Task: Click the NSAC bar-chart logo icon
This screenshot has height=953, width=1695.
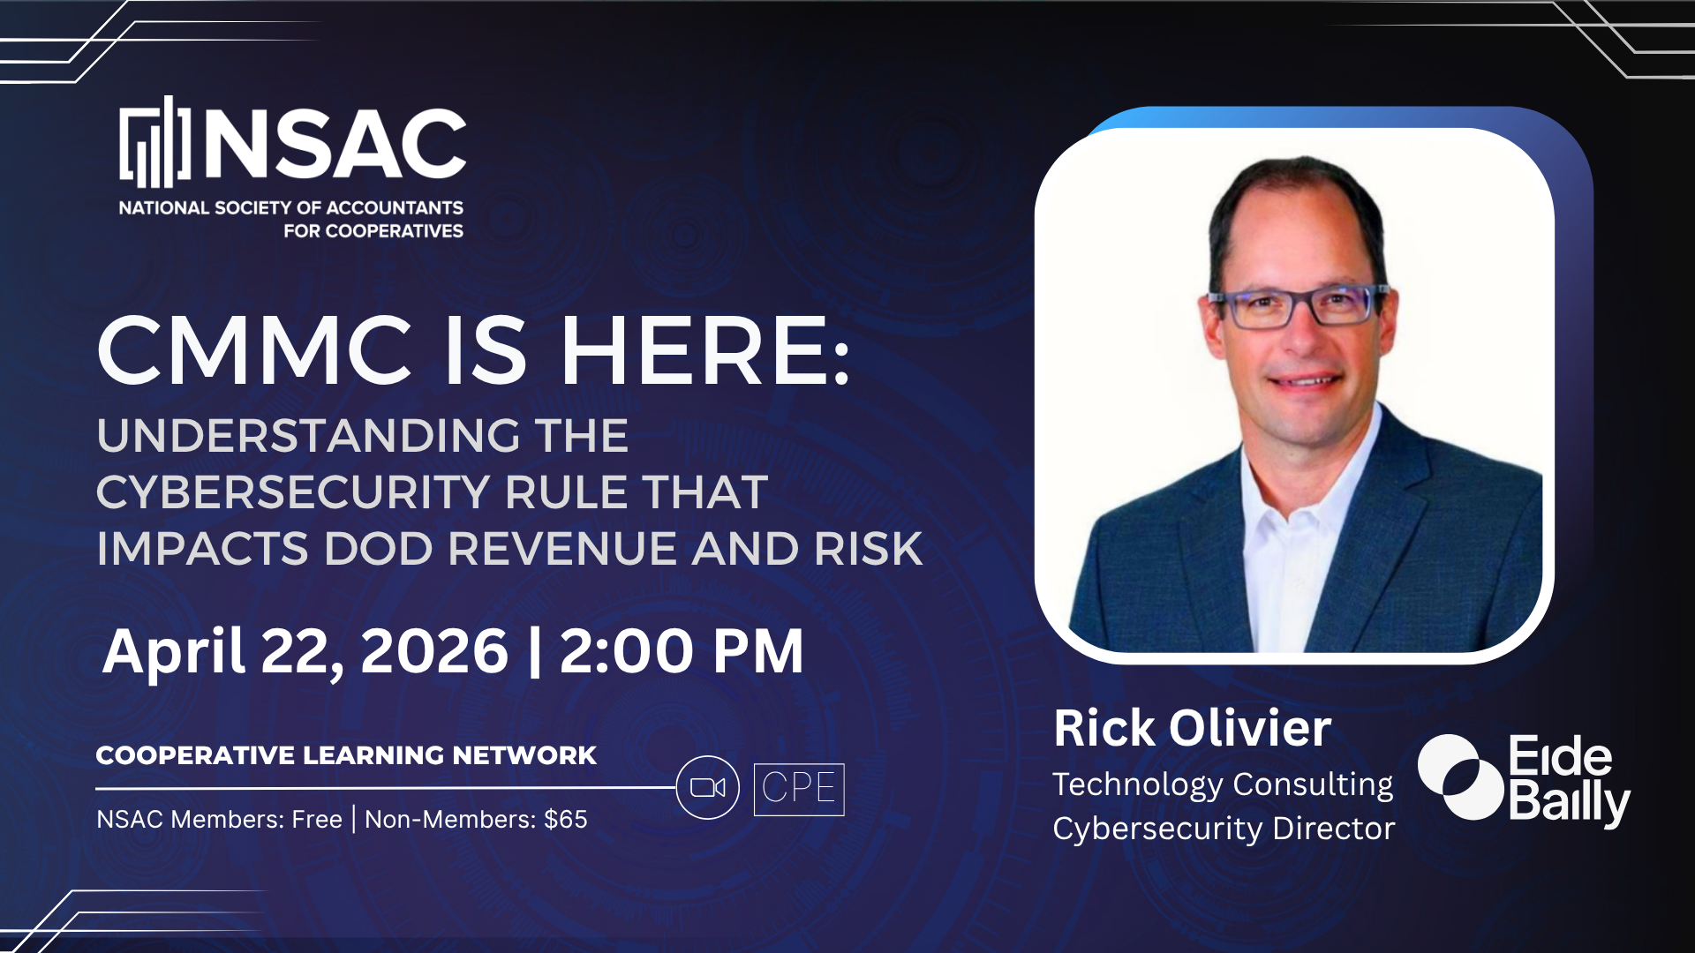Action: point(155,143)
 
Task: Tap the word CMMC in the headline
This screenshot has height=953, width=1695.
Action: point(254,352)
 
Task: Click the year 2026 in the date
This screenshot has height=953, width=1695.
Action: point(434,652)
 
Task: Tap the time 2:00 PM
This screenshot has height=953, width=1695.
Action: point(682,652)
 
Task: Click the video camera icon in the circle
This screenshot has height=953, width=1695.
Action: point(707,787)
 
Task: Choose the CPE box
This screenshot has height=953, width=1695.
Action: point(799,789)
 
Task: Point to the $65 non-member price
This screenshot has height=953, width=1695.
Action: point(566,820)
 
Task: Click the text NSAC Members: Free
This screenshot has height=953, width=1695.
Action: point(219,820)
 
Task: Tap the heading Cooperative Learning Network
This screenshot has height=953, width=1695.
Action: point(346,755)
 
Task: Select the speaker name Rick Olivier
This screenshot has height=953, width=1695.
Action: point(1192,729)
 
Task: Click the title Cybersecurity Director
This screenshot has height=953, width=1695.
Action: point(1224,829)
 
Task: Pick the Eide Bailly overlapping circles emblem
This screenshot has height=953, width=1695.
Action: point(1460,777)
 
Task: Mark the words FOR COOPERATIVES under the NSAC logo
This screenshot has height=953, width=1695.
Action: point(373,231)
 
